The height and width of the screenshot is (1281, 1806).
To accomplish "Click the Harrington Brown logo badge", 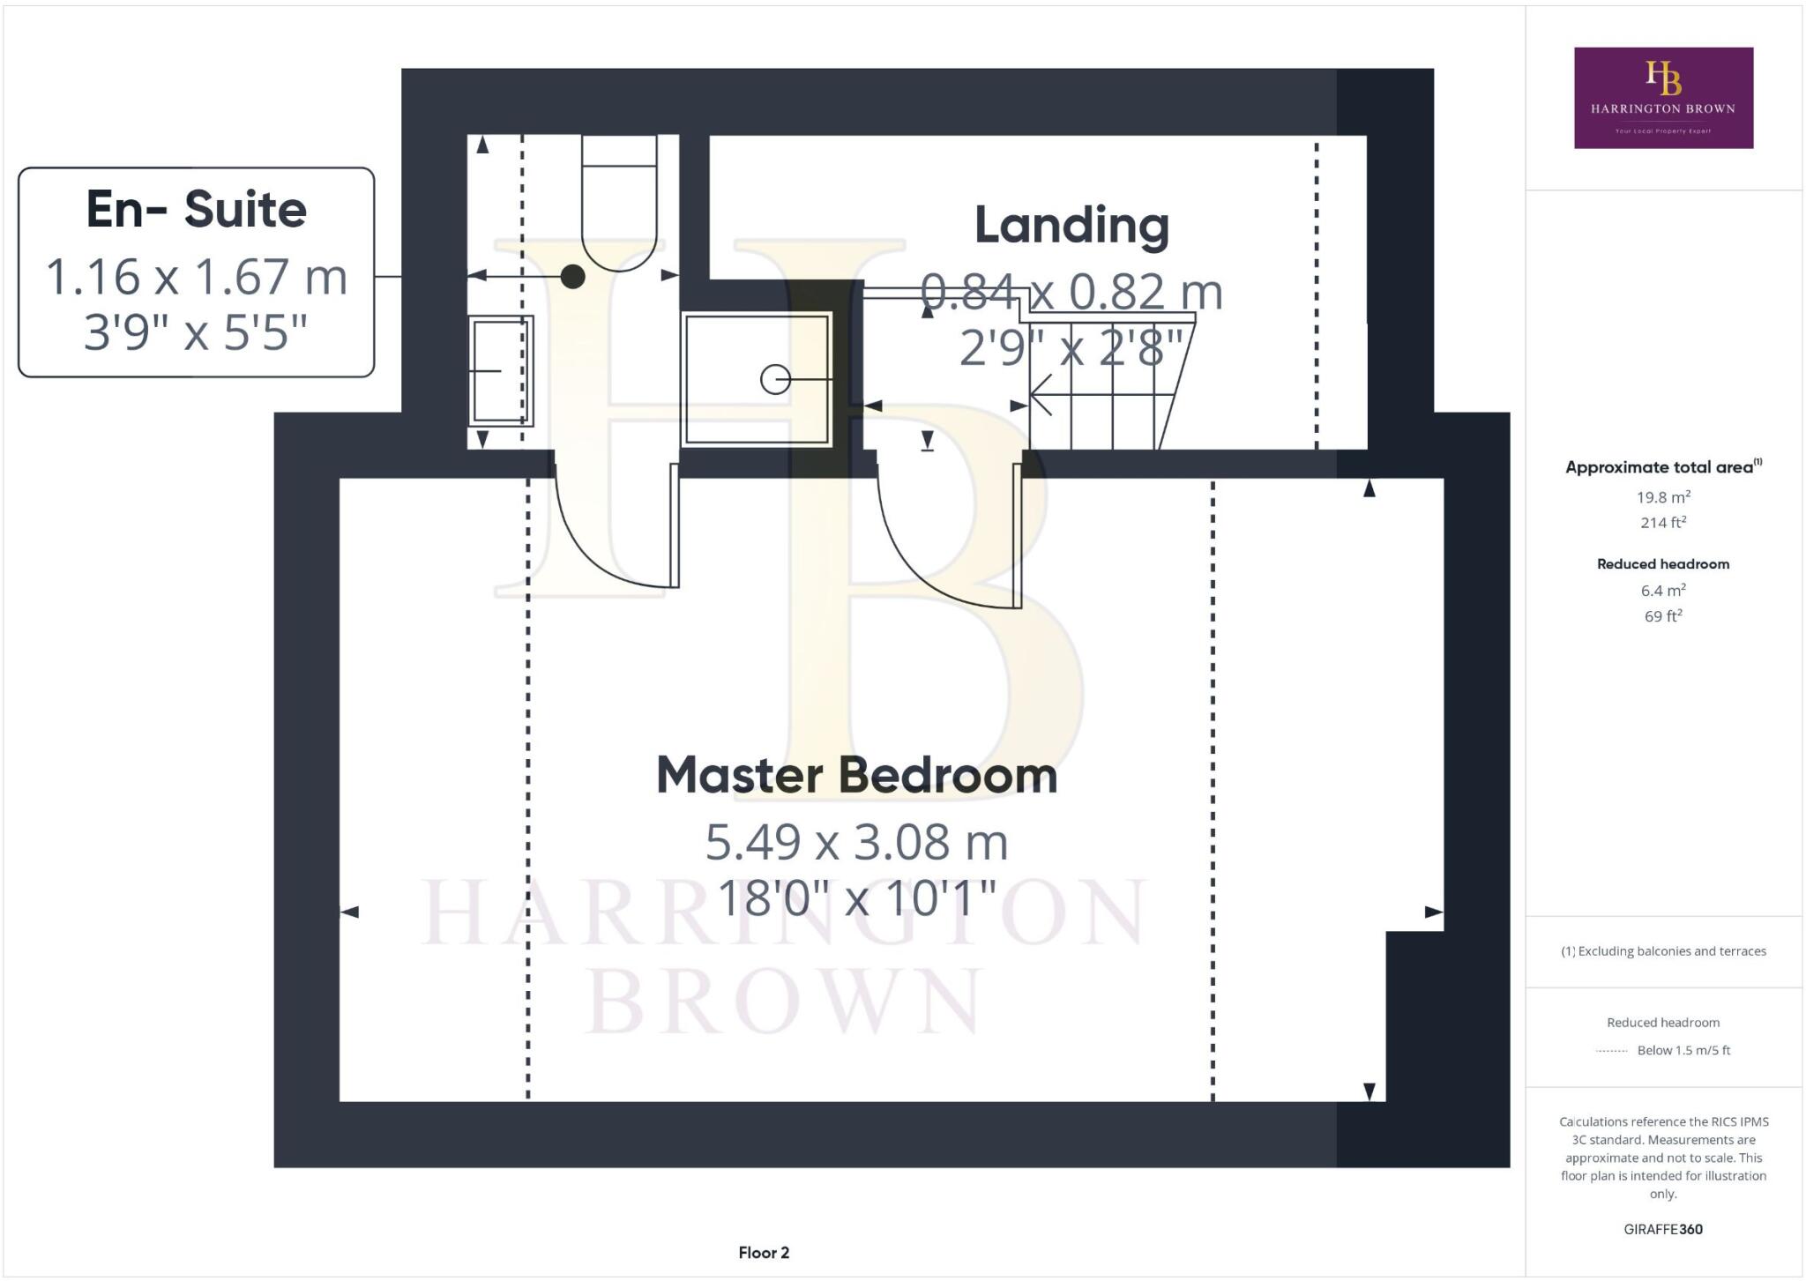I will tap(1663, 98).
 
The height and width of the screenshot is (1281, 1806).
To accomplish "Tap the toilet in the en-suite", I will tap(619, 207).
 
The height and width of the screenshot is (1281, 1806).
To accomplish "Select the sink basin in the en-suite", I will tap(500, 371).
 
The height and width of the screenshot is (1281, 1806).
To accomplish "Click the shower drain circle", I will tap(775, 380).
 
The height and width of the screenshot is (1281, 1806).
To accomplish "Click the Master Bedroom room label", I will tap(856, 775).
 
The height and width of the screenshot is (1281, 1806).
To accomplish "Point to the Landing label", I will tap(1071, 226).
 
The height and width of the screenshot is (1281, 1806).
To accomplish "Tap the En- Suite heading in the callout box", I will tap(196, 210).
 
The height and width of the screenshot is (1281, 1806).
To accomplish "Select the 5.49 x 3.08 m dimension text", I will tap(856, 842).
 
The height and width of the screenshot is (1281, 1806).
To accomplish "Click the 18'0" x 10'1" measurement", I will tap(856, 899).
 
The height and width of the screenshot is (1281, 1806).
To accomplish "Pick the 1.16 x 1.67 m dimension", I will tap(196, 277).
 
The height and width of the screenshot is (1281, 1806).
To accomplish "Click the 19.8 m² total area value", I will tap(1663, 497).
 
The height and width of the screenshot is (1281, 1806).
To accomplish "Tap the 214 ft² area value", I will tap(1663, 523).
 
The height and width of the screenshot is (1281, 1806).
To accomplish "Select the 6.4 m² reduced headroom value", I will tap(1663, 591).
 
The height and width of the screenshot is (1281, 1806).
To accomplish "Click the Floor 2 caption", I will tap(764, 1253).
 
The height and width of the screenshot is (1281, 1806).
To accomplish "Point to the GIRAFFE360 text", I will tap(1663, 1229).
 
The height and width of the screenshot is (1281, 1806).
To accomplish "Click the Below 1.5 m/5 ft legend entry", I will tap(1683, 1050).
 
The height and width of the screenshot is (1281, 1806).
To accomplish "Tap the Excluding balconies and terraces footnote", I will tap(1663, 951).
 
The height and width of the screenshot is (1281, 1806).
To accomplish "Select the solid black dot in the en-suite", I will tap(573, 277).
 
